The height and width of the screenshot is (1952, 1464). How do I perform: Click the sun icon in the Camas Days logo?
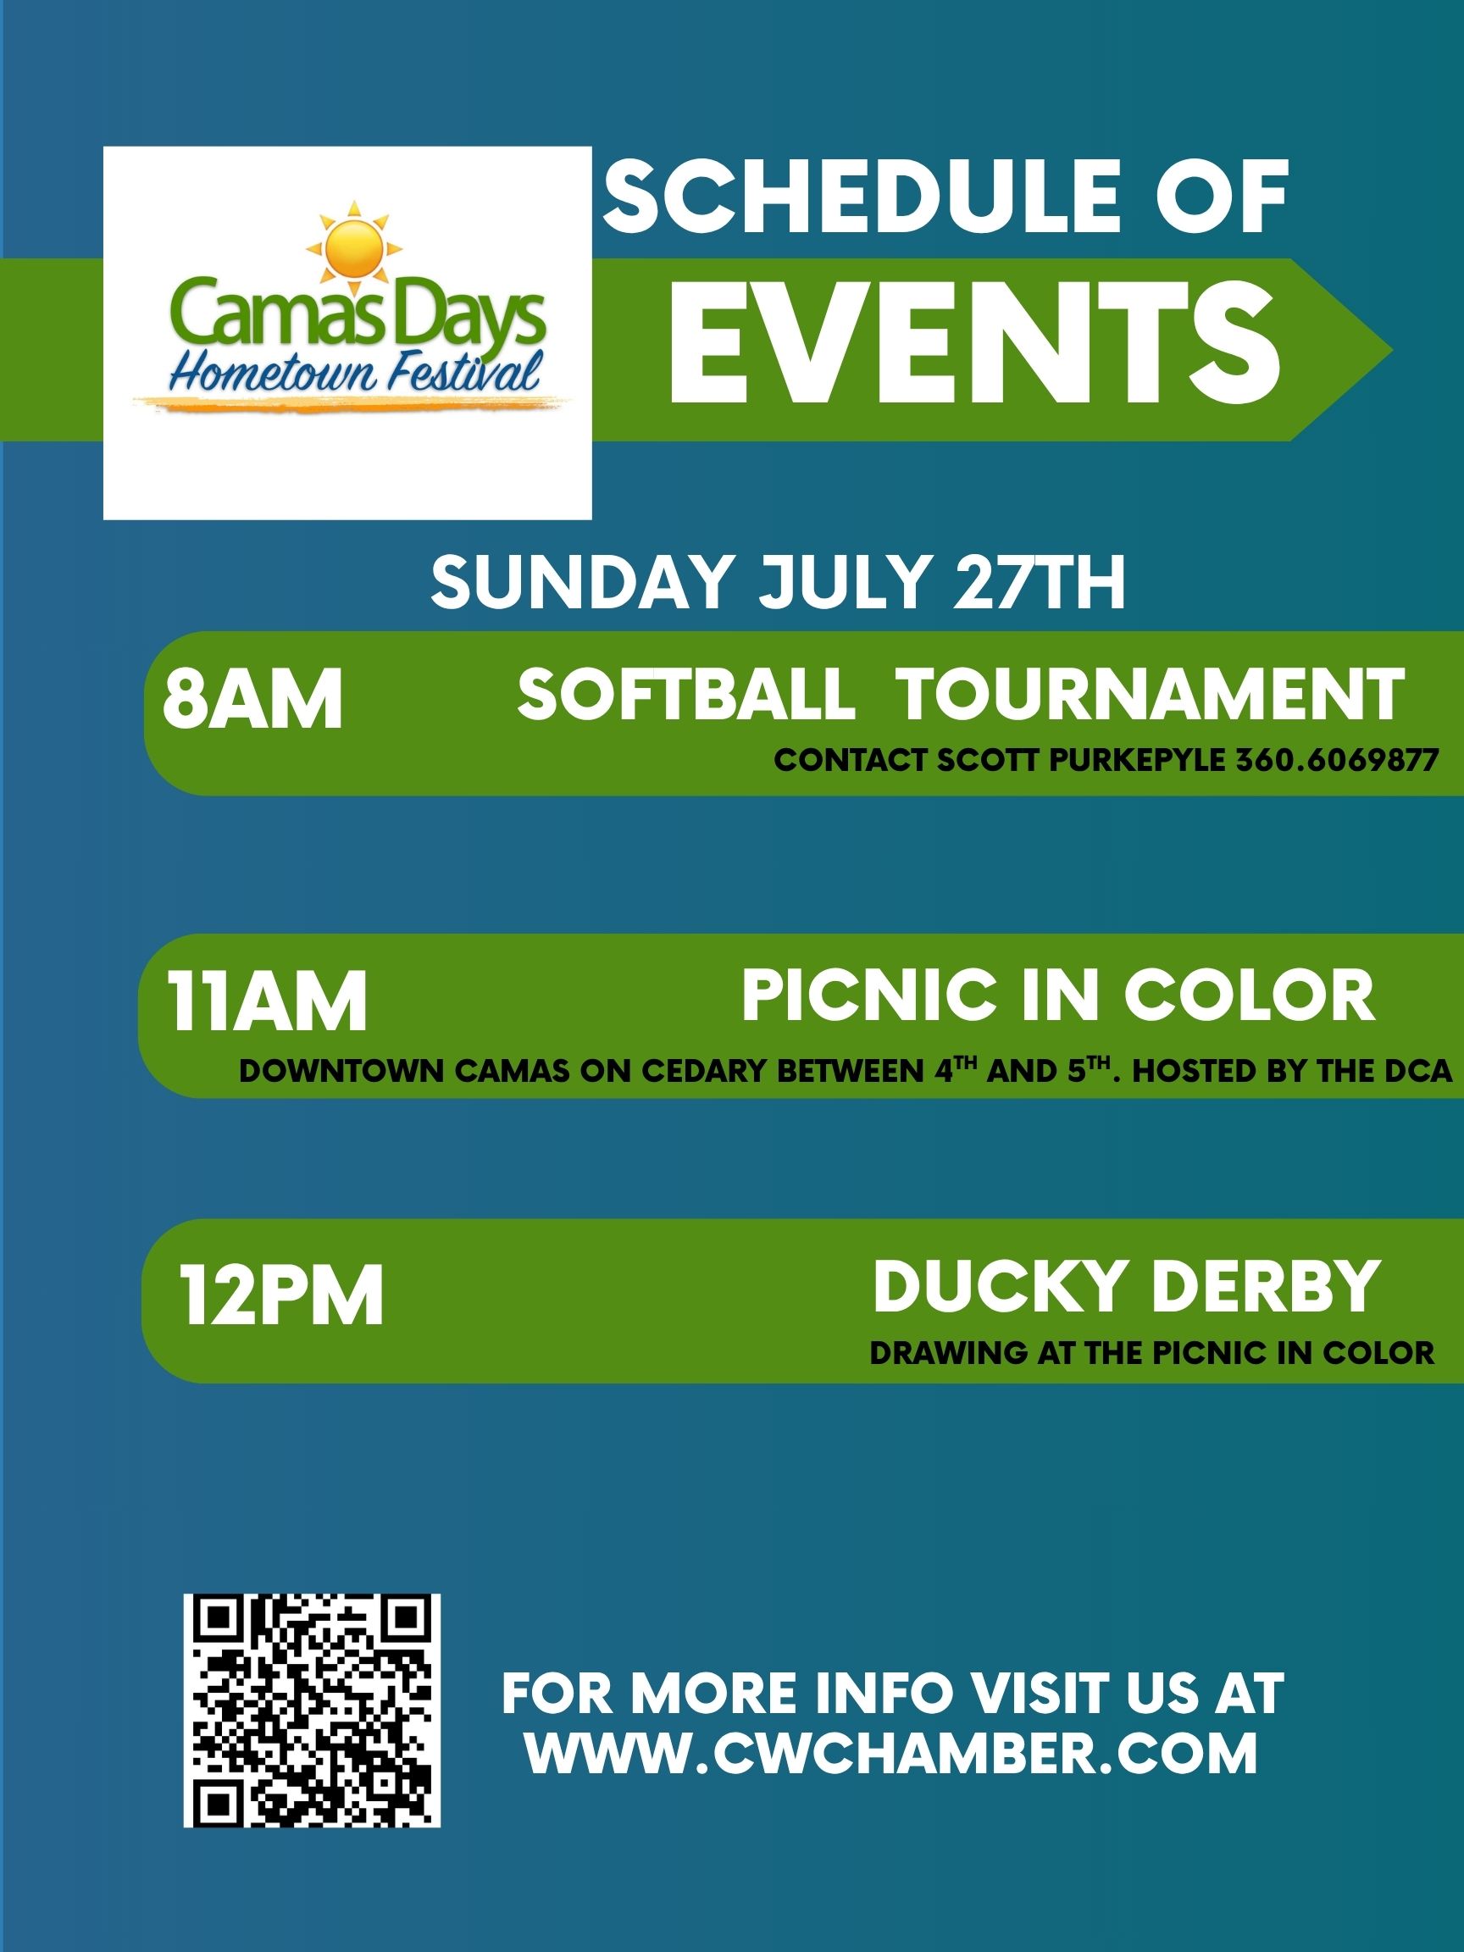(352, 248)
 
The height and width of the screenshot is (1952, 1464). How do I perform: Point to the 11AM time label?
(269, 1001)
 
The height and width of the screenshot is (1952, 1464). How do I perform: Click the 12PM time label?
(282, 1295)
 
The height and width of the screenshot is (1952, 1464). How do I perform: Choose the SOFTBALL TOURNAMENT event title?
(961, 695)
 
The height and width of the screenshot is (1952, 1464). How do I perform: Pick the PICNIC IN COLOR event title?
(1058, 995)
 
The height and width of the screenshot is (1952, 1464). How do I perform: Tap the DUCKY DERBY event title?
(1125, 1286)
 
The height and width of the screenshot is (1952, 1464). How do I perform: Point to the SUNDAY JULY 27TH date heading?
(778, 583)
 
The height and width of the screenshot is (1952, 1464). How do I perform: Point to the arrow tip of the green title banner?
(1392, 349)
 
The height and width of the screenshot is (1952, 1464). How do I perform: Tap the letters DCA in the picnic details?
(1417, 1071)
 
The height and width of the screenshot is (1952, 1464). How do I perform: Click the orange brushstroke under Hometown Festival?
(352, 402)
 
